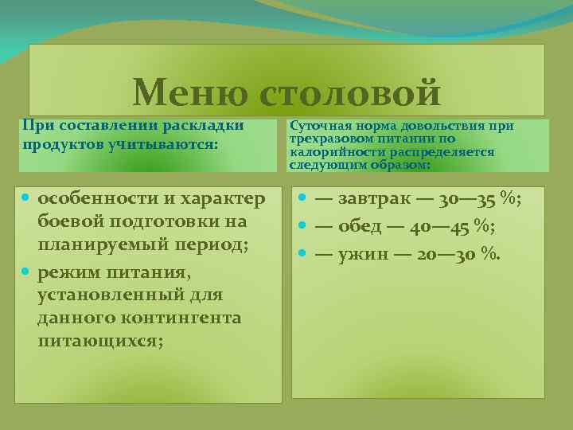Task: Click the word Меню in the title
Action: (189, 92)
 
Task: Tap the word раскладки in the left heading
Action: (203, 126)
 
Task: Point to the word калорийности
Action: (329, 151)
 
